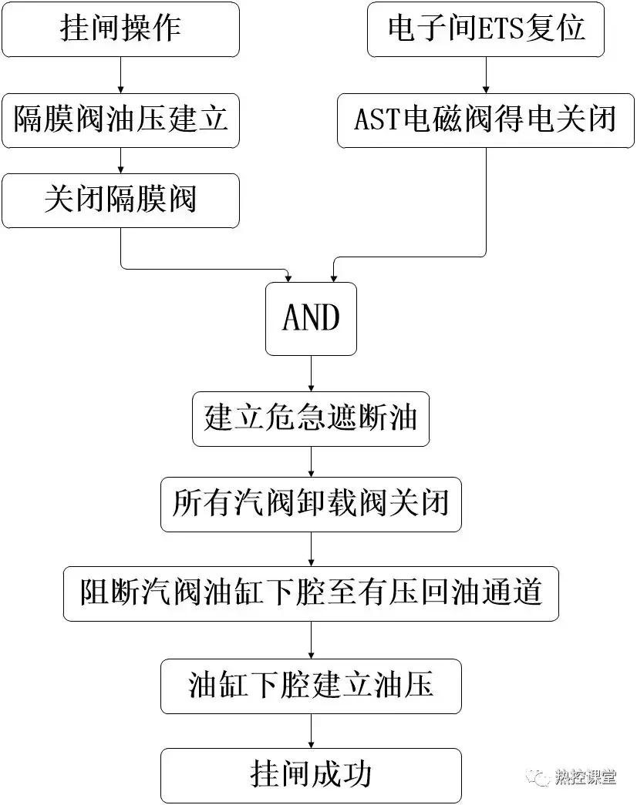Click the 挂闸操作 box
(x=120, y=29)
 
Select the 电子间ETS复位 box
(x=486, y=29)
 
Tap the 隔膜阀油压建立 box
(x=120, y=120)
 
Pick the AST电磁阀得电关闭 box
(x=486, y=120)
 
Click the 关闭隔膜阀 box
(x=120, y=200)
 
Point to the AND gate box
(x=311, y=318)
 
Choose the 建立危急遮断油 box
(x=311, y=418)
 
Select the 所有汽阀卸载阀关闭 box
(x=311, y=505)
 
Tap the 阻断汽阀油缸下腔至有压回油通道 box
(x=311, y=594)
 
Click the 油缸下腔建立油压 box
(x=311, y=685)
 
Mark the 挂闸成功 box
(x=311, y=773)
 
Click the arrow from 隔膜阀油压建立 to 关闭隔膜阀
(x=120, y=160)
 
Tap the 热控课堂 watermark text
(x=585, y=777)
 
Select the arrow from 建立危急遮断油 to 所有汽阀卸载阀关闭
(x=311, y=461)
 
